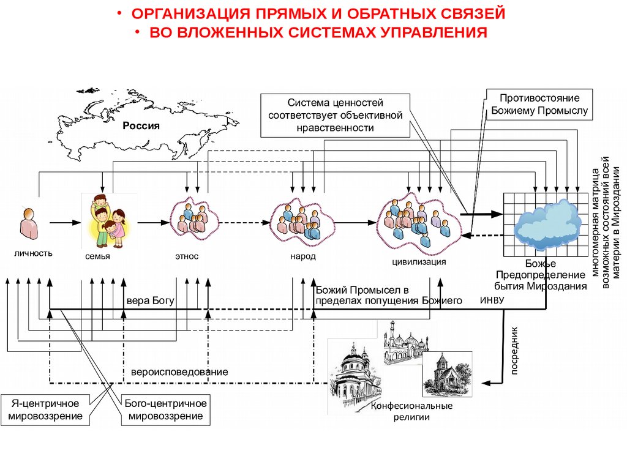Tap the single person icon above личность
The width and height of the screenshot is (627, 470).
click(x=28, y=225)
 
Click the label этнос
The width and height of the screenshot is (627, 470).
click(x=187, y=256)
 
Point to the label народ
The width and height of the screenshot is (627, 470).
click(x=302, y=256)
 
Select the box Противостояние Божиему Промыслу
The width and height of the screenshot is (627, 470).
click(x=539, y=104)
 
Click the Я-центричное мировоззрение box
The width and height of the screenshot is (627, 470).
click(x=47, y=410)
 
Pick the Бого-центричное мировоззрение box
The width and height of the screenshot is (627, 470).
click(x=165, y=410)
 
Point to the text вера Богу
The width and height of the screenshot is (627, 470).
click(x=151, y=301)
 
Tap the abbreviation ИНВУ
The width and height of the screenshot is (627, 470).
click(x=492, y=300)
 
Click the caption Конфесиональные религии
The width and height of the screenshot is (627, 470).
click(x=411, y=411)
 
